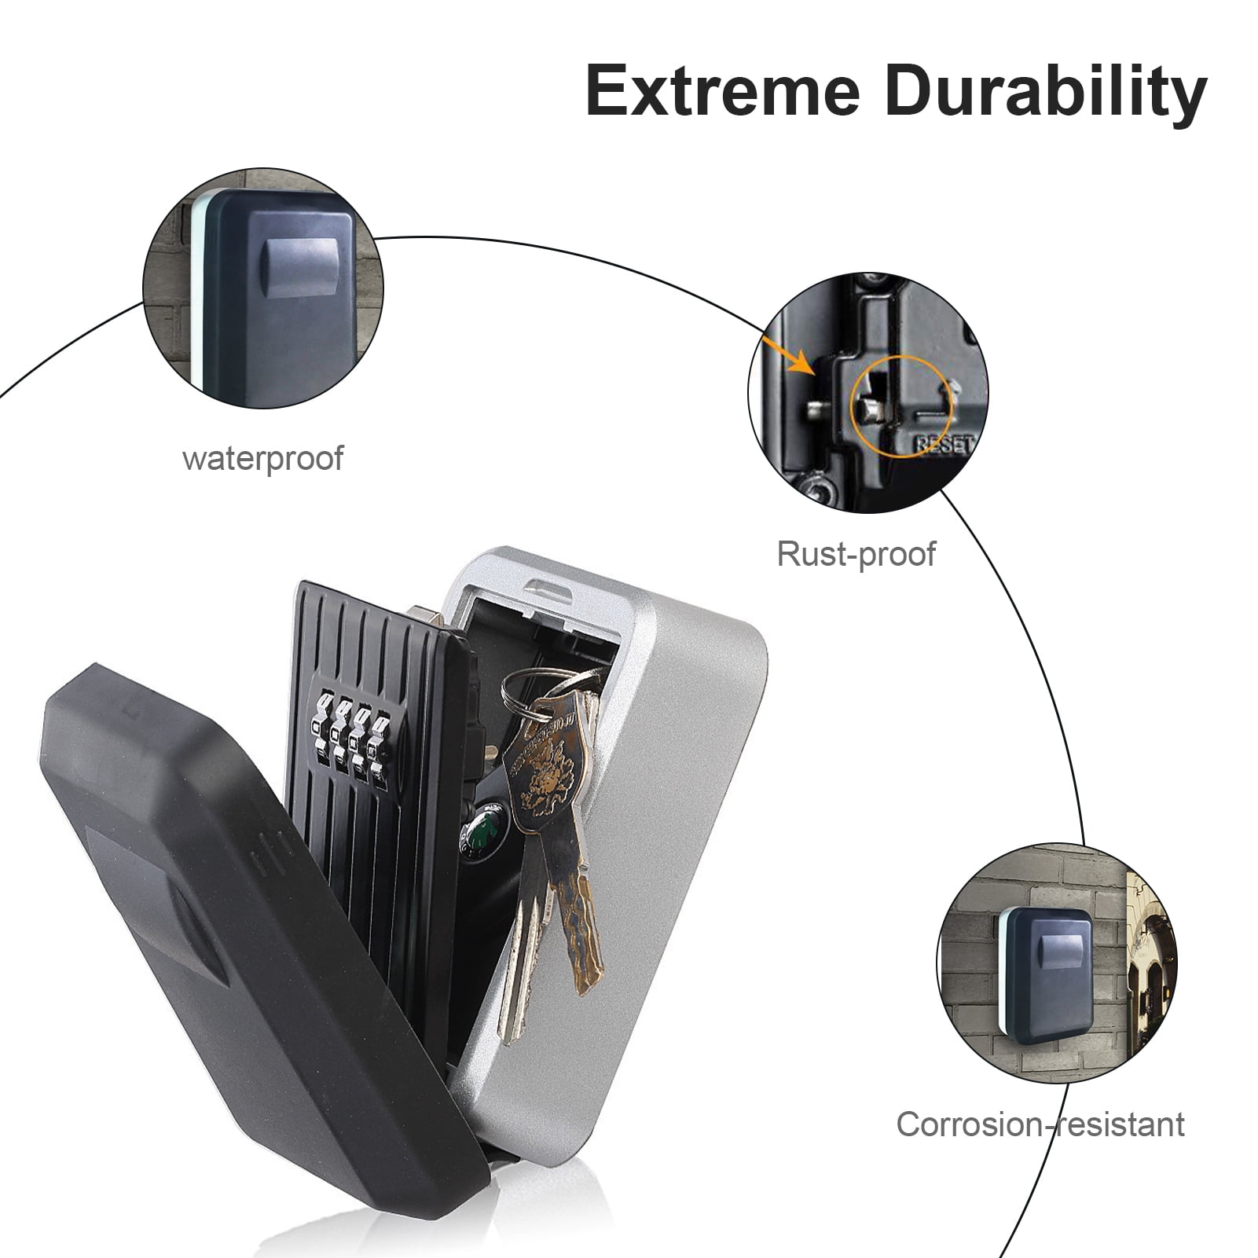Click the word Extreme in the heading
pyautogui.click(x=724, y=93)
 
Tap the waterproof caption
pyautogui.click(x=262, y=458)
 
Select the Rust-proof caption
pyautogui.click(x=856, y=553)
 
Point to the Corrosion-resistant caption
pyautogui.click(x=1040, y=1124)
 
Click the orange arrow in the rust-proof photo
pyautogui.click(x=789, y=357)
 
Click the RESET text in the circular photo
pyautogui.click(x=943, y=445)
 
